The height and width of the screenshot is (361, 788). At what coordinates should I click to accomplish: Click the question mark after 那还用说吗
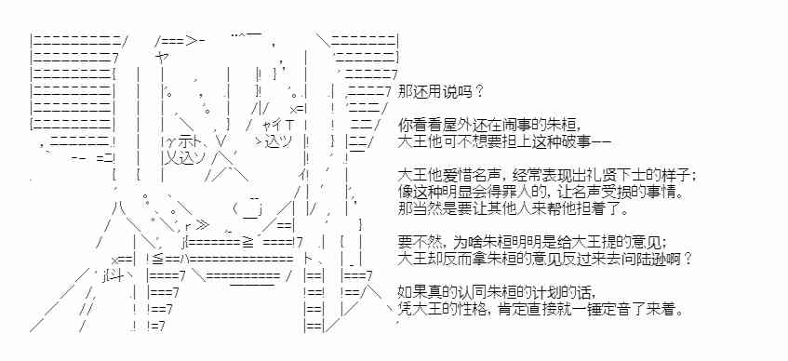click(x=478, y=91)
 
